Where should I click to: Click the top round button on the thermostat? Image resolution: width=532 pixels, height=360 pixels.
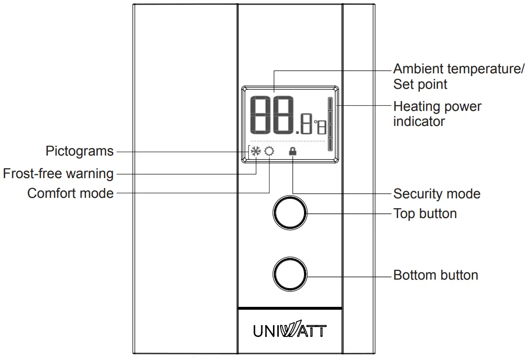tap(289, 213)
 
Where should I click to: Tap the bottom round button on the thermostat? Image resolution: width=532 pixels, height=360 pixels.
tap(289, 274)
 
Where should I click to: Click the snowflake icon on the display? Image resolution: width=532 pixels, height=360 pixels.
tap(256, 151)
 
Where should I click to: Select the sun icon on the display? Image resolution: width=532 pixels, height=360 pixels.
tap(269, 151)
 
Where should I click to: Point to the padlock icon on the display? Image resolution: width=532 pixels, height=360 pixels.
tap(293, 151)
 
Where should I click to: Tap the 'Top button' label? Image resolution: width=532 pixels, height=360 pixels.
tap(425, 213)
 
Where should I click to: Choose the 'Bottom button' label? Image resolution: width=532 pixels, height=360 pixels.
tap(436, 275)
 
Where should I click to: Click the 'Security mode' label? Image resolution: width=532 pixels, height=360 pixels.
tap(437, 194)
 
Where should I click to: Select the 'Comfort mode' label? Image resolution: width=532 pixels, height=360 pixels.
tap(70, 193)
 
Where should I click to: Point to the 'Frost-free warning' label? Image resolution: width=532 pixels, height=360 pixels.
tap(58, 173)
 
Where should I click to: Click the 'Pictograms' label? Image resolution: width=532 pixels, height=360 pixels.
tap(79, 151)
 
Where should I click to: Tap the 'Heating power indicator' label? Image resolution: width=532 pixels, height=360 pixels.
tap(437, 114)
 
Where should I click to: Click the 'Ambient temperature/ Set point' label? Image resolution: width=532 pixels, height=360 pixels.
tap(459, 76)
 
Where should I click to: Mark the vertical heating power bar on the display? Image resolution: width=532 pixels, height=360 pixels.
tap(330, 125)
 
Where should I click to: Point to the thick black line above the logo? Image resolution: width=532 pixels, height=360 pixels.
tap(289, 308)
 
